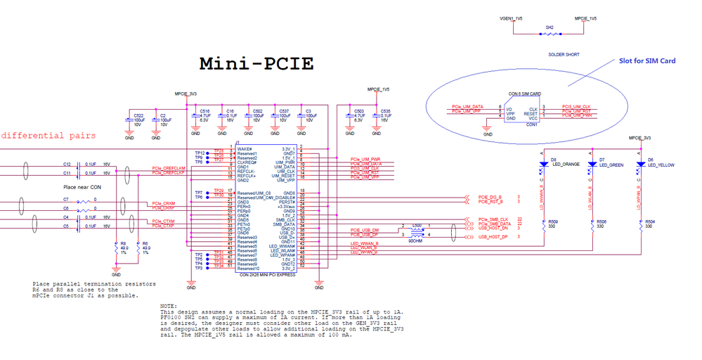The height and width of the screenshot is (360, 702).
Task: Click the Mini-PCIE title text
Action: pyautogui.click(x=256, y=63)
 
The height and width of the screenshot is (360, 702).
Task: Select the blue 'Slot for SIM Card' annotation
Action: pyautogui.click(x=647, y=61)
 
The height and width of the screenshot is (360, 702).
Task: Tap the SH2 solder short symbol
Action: pyautogui.click(x=550, y=34)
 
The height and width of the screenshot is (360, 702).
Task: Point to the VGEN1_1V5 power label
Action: pyautogui.click(x=511, y=19)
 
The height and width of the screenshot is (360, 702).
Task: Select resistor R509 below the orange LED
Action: pyautogui.click(x=543, y=225)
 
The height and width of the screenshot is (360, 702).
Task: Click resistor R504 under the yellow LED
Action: pyautogui.click(x=640, y=225)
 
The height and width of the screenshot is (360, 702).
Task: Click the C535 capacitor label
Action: pyautogui.click(x=384, y=111)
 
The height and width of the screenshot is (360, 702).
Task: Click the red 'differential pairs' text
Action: pyautogui.click(x=48, y=135)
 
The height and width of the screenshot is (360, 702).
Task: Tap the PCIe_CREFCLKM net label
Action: pyautogui.click(x=168, y=168)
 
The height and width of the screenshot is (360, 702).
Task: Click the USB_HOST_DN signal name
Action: pyautogui.click(x=494, y=227)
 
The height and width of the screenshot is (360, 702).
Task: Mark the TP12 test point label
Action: pyautogui.click(x=200, y=153)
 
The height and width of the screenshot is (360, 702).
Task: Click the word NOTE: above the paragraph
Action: pyautogui.click(x=169, y=306)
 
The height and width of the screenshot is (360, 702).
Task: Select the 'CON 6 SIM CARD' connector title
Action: pyautogui.click(x=525, y=94)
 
